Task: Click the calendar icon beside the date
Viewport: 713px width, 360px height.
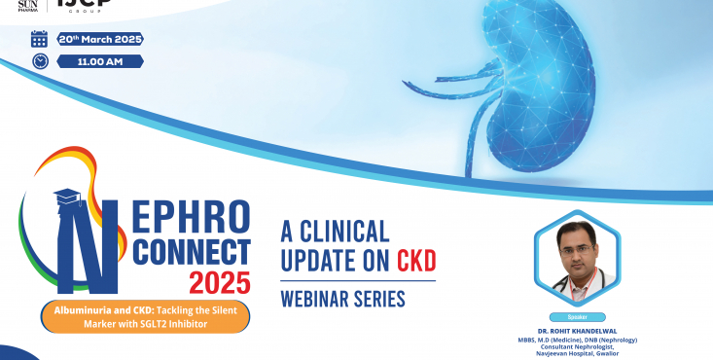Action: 39,39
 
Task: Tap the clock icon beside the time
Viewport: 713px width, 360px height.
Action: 40,61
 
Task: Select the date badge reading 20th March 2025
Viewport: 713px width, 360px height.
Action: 100,39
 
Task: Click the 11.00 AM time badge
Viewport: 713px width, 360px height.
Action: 100,61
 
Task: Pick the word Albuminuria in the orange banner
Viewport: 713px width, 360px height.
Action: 78,308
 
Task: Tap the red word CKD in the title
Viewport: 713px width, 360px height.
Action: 415,261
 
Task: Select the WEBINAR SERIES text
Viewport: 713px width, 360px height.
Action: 342,299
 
